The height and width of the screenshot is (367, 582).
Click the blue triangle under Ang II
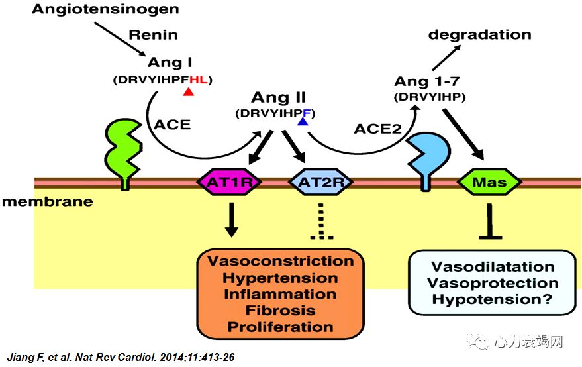click(x=303, y=121)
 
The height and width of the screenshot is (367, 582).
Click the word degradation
click(x=479, y=34)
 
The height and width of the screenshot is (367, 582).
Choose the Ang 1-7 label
click(x=427, y=81)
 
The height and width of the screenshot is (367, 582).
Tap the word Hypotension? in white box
click(x=492, y=300)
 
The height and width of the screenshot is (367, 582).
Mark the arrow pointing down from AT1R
click(x=231, y=220)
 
